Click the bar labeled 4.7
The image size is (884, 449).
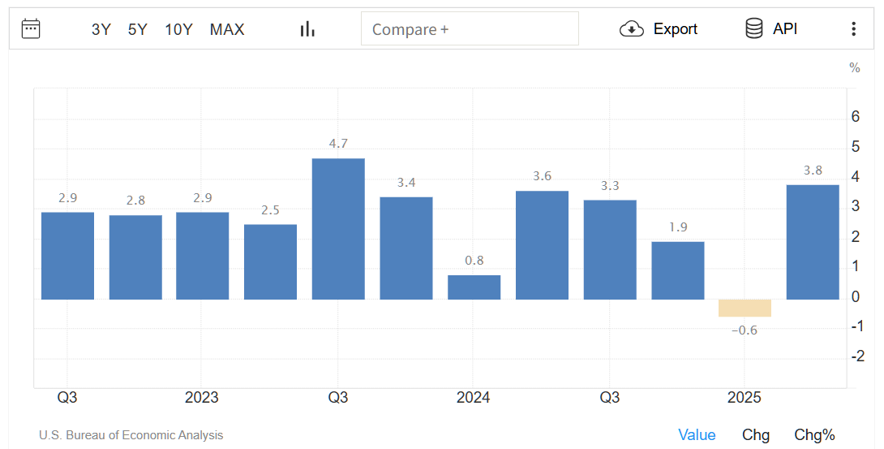pos(338,229)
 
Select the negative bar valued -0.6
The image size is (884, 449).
pos(745,308)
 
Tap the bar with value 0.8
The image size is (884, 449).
pos(474,287)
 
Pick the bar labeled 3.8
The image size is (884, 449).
pos(813,242)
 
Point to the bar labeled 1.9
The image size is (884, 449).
pos(678,270)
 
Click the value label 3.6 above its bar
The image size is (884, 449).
pos(542,176)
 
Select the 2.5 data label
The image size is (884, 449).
pos(270,210)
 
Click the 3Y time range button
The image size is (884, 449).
pos(101,29)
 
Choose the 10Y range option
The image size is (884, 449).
pos(178,29)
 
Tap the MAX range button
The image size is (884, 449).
pos(227,29)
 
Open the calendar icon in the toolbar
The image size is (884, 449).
pos(31,29)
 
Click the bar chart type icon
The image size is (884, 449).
pos(307,29)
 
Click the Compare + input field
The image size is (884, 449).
pos(470,29)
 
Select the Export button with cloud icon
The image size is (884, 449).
pos(659,29)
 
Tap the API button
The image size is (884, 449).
pos(771,29)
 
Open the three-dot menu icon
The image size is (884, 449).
pos(853,29)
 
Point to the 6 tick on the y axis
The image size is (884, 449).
pos(856,117)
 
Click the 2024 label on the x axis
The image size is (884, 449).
pos(473,398)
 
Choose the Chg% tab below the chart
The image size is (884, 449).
pos(814,435)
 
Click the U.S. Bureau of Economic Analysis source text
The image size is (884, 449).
pos(131,435)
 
